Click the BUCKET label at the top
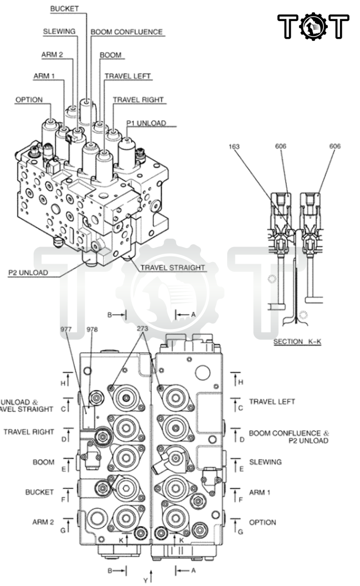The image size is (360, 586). pyautogui.click(x=65, y=9)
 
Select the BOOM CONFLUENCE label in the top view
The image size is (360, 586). pyautogui.click(x=127, y=32)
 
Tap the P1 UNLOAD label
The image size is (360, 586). pyautogui.click(x=146, y=123)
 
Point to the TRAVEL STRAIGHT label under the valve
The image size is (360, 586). pyautogui.click(x=173, y=268)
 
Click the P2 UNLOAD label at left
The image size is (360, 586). pyautogui.click(x=28, y=273)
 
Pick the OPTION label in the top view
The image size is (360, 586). pyautogui.click(x=29, y=100)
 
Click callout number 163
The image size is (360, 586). pyautogui.click(x=235, y=146)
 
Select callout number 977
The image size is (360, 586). pyautogui.click(x=66, y=329)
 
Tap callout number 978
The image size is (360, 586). pyautogui.click(x=92, y=329)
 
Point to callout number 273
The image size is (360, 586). pyautogui.click(x=143, y=328)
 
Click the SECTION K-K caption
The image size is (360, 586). pyautogui.click(x=297, y=342)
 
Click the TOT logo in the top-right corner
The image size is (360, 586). pyautogui.click(x=313, y=26)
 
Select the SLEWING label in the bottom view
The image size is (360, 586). pyautogui.click(x=265, y=462)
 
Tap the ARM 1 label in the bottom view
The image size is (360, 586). pyautogui.click(x=260, y=492)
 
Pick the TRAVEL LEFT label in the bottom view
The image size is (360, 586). pyautogui.click(x=272, y=402)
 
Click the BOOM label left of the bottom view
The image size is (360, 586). pyautogui.click(x=44, y=462)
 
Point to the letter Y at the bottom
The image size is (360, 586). pyautogui.click(x=145, y=580)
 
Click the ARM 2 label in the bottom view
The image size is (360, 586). pyautogui.click(x=43, y=522)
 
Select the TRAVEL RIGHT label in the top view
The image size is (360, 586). pyautogui.click(x=138, y=100)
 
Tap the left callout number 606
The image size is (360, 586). pyautogui.click(x=281, y=146)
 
